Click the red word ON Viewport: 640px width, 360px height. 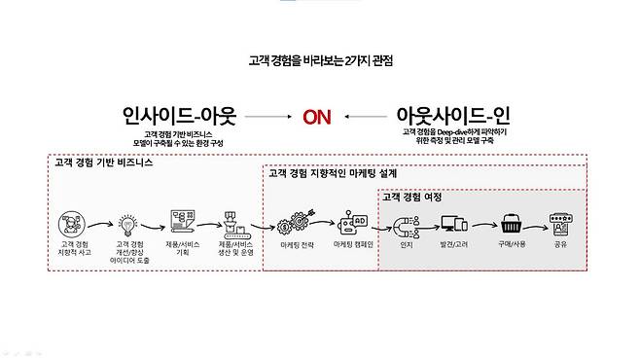click(x=316, y=118)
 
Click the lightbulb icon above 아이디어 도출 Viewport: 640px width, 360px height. click(x=131, y=225)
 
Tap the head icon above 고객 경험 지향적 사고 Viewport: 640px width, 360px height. click(x=74, y=225)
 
